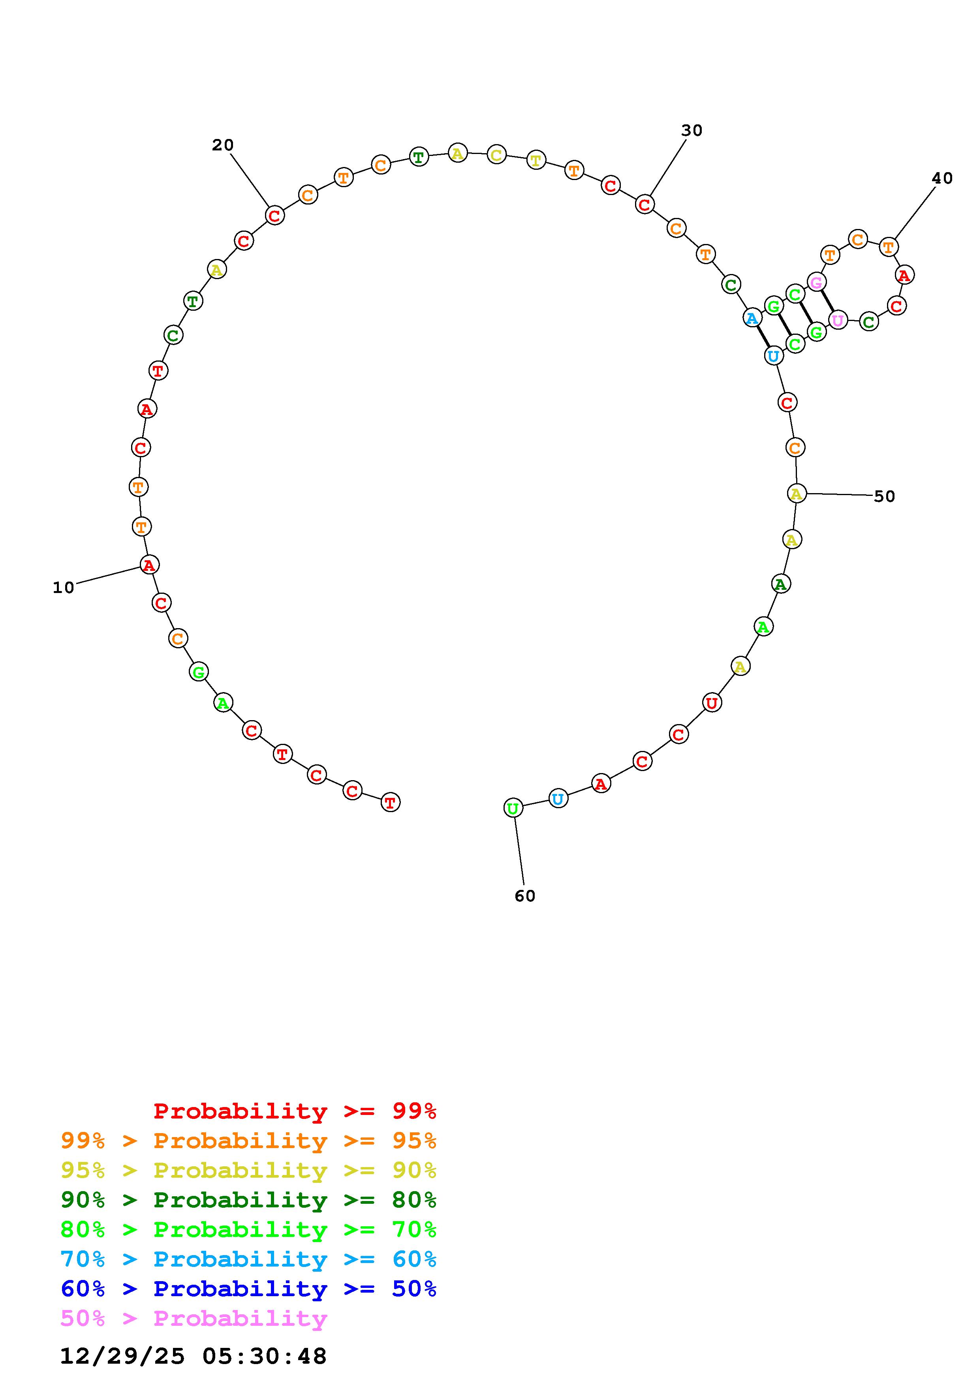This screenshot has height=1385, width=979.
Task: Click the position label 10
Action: tap(63, 587)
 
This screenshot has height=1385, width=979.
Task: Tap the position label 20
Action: tap(223, 145)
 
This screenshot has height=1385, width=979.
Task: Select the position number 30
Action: tap(692, 130)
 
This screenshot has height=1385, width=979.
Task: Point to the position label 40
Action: tap(942, 178)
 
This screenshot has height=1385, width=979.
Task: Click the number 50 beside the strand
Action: tap(884, 496)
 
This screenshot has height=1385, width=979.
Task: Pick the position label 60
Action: tap(525, 896)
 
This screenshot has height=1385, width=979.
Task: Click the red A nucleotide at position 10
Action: tap(149, 565)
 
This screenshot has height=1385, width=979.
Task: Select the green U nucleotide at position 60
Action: tap(513, 808)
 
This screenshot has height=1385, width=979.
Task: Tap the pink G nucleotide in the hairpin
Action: tap(816, 282)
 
